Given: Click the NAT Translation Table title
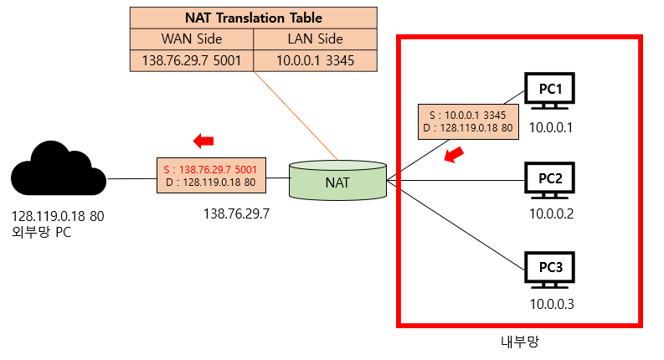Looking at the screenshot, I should [253, 18].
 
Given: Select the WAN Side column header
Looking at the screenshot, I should [192, 39].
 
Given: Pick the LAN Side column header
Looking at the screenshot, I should [314, 39].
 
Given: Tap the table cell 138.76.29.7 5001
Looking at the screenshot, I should [192, 60].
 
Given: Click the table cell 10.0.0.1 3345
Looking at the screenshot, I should [314, 60].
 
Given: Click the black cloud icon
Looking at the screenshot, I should [59, 172].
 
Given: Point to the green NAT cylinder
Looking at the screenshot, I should [337, 178].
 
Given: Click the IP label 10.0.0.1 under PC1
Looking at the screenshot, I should [549, 128].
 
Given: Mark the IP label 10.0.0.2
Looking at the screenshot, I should [550, 213].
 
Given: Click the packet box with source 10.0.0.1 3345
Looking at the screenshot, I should [471, 121].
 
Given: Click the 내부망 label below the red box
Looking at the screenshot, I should [517, 342].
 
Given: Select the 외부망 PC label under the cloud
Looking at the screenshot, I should [41, 232].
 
